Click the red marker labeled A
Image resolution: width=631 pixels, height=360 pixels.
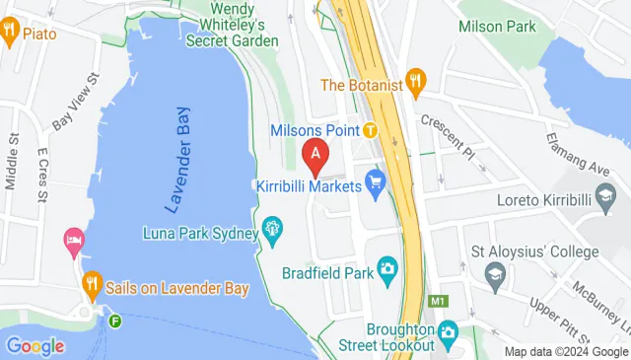pos(315,154)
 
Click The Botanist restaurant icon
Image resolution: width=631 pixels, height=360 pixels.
pos(416,84)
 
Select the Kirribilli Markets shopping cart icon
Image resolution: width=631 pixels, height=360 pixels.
pos(375,181)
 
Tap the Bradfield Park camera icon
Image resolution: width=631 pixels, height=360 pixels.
pos(387,267)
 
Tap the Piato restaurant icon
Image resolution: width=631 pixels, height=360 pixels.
pos(9,33)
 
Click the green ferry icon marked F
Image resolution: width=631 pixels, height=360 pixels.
pos(115,321)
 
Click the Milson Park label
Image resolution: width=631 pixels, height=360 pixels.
pos(497,27)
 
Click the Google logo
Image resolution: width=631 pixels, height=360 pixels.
pos(35,346)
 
